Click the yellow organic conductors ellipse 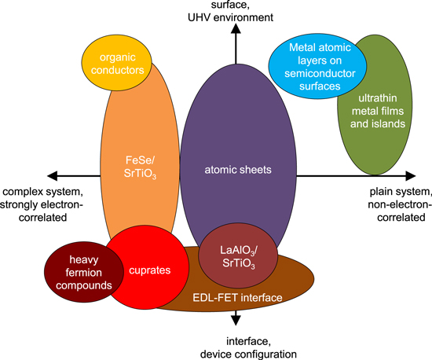coord(120,62)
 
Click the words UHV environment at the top coord(235,15)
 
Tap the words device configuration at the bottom coord(235,354)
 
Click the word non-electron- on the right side coord(399,202)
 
